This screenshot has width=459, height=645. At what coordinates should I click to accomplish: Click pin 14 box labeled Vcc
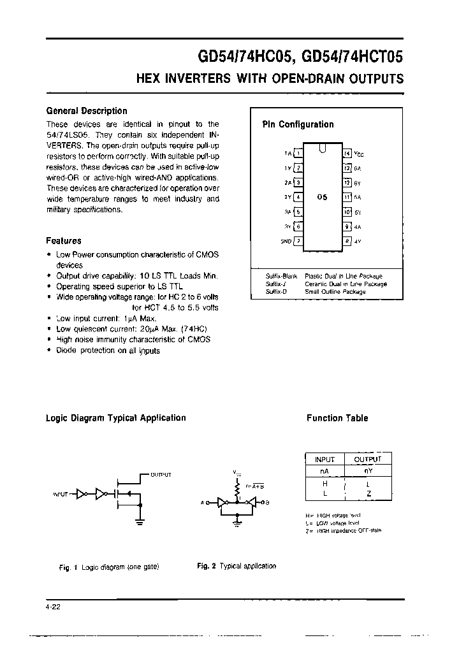[347, 154]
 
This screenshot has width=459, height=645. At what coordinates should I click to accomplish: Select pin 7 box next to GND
[298, 241]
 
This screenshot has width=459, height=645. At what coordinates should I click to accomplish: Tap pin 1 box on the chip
[298, 154]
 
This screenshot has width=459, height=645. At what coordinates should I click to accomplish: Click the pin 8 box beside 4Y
[347, 241]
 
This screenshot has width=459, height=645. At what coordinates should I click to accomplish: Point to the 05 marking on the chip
[322, 198]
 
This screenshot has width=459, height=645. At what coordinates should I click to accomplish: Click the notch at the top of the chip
[323, 149]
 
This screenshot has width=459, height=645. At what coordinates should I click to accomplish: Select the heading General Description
[87, 111]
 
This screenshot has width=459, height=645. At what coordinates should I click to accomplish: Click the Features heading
[64, 241]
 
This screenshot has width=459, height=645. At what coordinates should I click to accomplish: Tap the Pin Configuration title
[298, 125]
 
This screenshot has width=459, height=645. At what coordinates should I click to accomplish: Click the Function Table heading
[337, 418]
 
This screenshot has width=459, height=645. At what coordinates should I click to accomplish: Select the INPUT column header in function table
[325, 460]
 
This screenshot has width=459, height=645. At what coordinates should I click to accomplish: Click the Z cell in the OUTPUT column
[369, 493]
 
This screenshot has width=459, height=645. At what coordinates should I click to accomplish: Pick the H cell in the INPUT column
[325, 482]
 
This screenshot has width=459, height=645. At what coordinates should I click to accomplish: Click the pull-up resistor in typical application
[238, 489]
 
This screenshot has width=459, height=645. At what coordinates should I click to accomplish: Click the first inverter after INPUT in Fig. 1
[81, 493]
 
